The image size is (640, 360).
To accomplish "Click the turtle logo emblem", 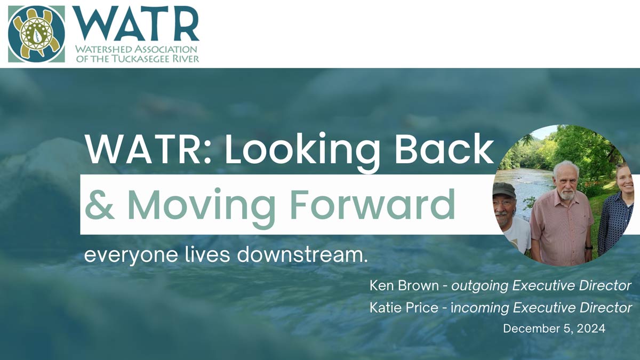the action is (x=37, y=34).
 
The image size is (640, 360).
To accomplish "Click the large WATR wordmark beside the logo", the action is (x=135, y=23).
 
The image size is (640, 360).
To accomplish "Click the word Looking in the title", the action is (x=302, y=152).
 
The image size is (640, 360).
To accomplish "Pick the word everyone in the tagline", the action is (x=131, y=256).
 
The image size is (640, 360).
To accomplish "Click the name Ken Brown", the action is (x=404, y=285).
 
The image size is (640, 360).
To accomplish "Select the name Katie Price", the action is (x=404, y=307).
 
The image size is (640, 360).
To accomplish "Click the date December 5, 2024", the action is (x=554, y=329).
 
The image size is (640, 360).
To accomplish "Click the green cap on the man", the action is (x=505, y=189).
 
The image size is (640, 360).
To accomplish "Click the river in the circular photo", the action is (x=531, y=186).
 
